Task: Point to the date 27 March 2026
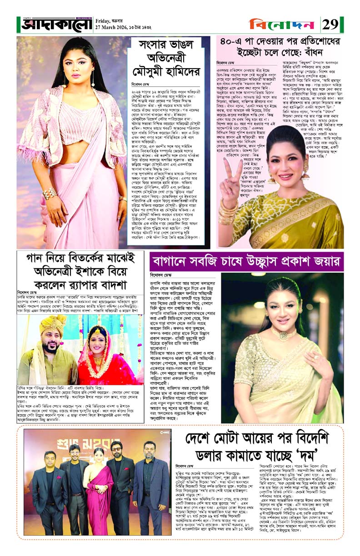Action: (x=113, y=26)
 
